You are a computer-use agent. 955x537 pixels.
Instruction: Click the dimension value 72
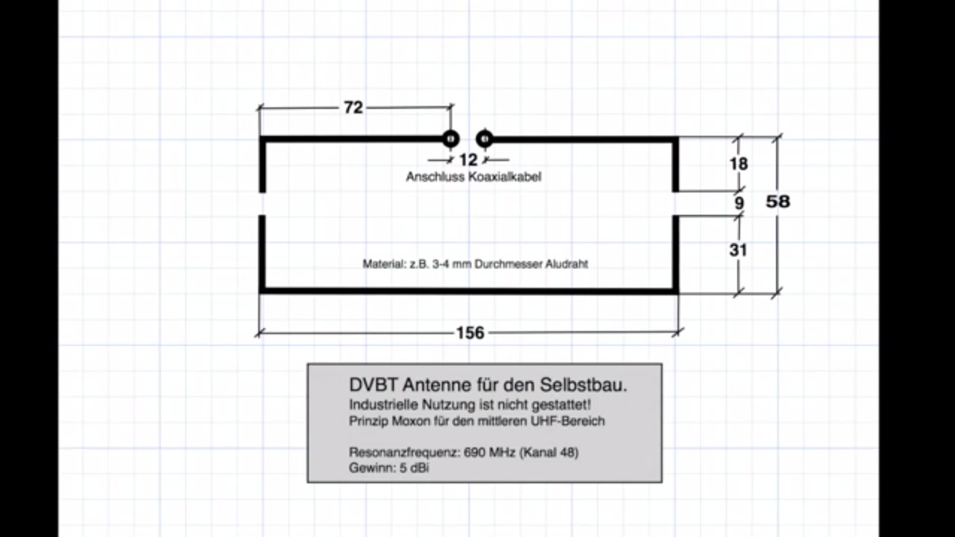coord(353,107)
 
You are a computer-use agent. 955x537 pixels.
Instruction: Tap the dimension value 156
coord(470,333)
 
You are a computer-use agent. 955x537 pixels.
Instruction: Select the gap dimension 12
coord(468,160)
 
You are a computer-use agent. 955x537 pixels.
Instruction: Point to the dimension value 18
coord(739,163)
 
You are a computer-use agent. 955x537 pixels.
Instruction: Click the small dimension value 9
coord(739,203)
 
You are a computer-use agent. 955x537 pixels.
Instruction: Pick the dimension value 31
coord(738,250)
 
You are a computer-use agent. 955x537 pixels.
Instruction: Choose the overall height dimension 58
coord(778,201)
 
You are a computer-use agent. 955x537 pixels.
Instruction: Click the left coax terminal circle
coord(450,139)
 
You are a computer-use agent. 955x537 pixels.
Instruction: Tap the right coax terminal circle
coord(485,139)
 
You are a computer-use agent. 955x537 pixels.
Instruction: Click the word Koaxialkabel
coord(504,177)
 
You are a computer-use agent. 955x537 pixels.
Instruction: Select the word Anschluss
coord(435,177)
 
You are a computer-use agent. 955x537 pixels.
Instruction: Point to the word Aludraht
coord(566,264)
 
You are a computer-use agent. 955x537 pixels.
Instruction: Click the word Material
coord(383,264)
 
